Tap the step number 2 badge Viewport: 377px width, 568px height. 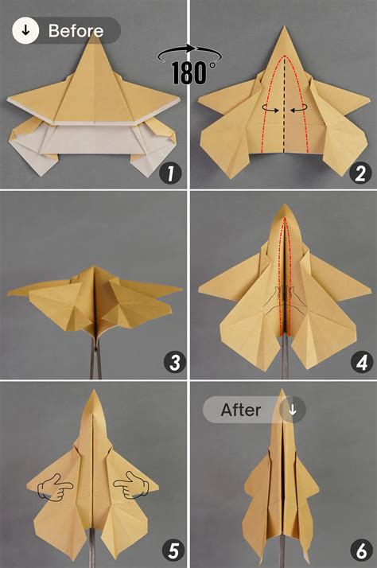pyautogui.click(x=356, y=173)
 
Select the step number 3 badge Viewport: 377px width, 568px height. pyautogui.click(x=174, y=363)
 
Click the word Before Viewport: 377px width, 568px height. pyautogui.click(x=76, y=32)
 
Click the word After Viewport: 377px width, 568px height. pyautogui.click(x=242, y=410)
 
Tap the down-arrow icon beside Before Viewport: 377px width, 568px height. pyautogui.click(x=26, y=32)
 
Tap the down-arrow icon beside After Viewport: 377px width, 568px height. pyautogui.click(x=292, y=410)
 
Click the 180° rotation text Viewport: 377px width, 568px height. pyautogui.click(x=193, y=72)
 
